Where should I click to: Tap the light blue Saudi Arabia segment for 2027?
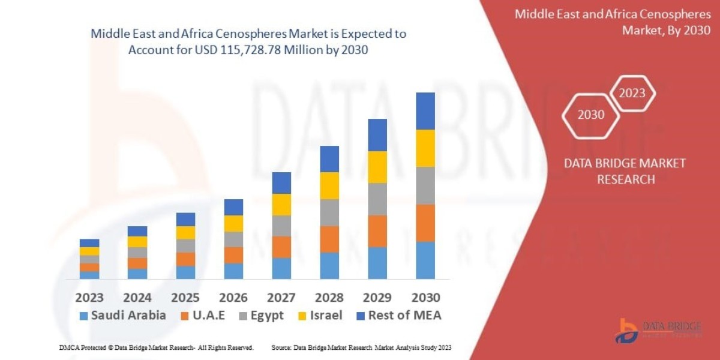tap(281, 268)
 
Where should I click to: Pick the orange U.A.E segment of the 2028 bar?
tap(329, 239)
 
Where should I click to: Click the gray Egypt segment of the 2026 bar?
tap(233, 239)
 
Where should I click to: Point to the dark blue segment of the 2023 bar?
tap(89, 243)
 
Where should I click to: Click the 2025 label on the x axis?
tap(185, 298)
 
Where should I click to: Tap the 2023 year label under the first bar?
tap(89, 298)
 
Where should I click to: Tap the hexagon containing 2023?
tap(632, 93)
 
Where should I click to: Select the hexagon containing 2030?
tap(591, 115)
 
